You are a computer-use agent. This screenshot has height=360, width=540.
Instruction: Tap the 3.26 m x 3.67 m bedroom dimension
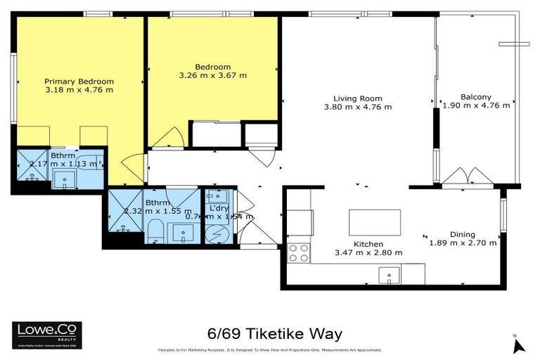click(x=213, y=75)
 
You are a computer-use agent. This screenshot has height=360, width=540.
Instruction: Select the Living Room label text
click(x=357, y=98)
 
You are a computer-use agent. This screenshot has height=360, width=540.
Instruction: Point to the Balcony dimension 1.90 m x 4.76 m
click(x=476, y=106)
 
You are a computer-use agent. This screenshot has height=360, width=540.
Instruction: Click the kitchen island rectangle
click(x=375, y=222)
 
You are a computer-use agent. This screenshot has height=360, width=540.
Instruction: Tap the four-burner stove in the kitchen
click(x=299, y=252)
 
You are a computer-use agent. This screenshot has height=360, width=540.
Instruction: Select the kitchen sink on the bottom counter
click(x=388, y=274)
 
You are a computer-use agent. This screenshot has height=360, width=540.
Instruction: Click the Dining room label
click(x=463, y=235)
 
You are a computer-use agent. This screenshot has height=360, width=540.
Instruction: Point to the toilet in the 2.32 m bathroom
click(x=155, y=232)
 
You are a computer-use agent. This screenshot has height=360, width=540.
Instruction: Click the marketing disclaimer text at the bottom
click(x=269, y=349)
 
